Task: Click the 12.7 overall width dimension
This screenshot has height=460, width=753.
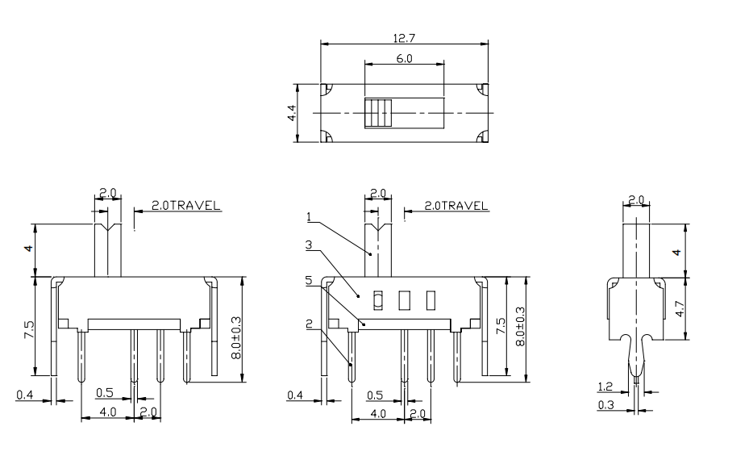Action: click(x=404, y=38)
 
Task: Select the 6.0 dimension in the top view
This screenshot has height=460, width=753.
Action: click(x=404, y=59)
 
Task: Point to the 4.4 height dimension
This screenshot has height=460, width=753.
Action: click(x=292, y=114)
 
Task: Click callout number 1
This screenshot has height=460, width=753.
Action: click(x=310, y=216)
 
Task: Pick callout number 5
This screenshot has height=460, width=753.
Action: click(x=310, y=280)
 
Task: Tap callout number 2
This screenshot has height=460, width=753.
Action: click(x=310, y=324)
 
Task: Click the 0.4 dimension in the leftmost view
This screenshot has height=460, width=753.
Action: click(x=25, y=395)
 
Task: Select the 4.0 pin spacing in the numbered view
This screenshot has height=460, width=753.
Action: click(x=378, y=412)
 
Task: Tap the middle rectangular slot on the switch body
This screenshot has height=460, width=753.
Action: click(x=404, y=300)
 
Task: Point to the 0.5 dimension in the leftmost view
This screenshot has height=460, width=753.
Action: click(x=105, y=393)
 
